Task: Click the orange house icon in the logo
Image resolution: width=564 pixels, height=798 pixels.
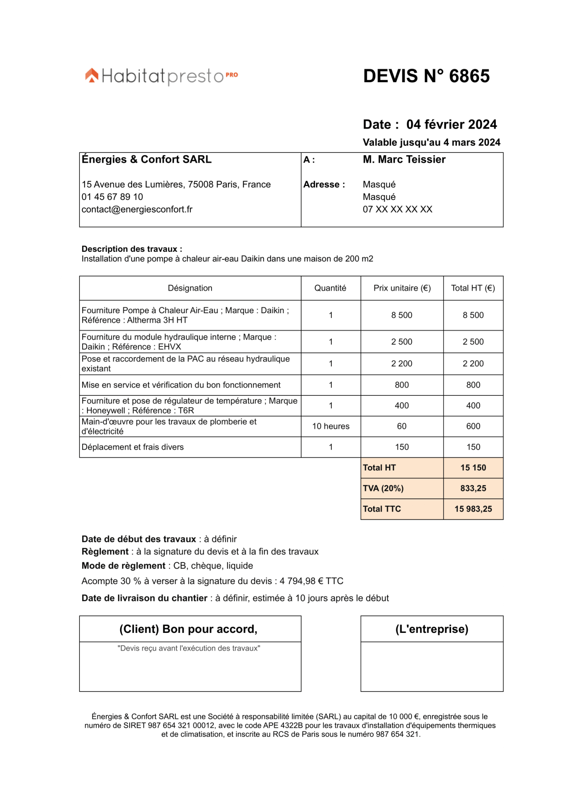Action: (92, 75)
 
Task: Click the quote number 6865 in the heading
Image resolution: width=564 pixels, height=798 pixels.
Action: (469, 76)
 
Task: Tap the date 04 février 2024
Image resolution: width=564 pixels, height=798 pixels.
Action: (451, 124)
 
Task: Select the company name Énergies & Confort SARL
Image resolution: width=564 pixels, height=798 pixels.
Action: (146, 160)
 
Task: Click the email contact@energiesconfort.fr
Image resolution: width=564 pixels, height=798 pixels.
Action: (137, 209)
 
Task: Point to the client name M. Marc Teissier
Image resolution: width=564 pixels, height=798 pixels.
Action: (404, 160)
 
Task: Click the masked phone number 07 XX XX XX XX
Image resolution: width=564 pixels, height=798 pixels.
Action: (397, 209)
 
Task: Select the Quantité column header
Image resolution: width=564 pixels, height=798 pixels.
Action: (330, 288)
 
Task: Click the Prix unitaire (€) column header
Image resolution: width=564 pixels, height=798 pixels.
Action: (402, 288)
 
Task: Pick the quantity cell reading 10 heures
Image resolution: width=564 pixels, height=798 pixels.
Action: (330, 426)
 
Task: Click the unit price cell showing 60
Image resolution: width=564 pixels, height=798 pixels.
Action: (402, 426)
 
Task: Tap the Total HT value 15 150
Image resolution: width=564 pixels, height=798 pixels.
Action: (473, 468)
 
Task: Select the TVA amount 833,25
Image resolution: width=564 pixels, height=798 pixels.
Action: (473, 488)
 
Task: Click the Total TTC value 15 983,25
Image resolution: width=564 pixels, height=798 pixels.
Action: (473, 509)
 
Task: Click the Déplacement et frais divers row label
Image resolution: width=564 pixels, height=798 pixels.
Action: (133, 447)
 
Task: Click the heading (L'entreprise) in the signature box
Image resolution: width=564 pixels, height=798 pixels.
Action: (431, 629)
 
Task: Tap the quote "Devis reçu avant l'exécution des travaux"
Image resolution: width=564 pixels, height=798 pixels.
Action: (189, 648)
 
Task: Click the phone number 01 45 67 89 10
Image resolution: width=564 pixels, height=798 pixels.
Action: (112, 197)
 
